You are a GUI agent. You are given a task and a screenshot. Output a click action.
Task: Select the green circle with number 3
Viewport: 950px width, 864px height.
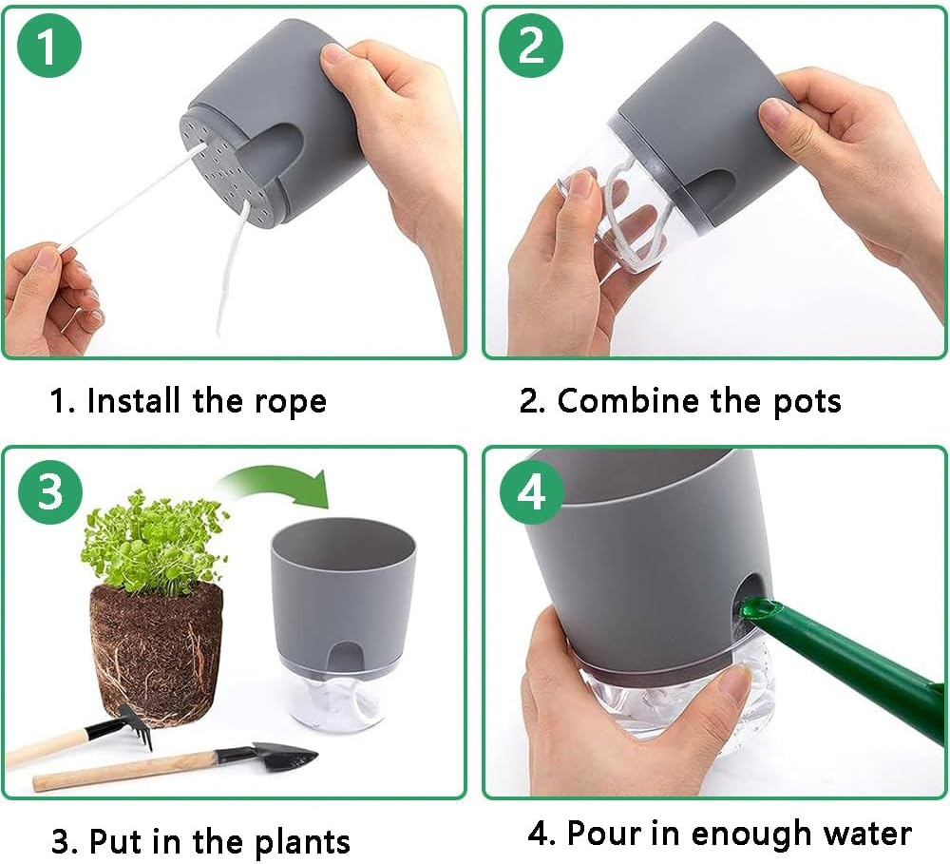coord(49,493)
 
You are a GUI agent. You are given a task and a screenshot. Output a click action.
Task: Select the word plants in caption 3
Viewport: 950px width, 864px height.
coord(301,841)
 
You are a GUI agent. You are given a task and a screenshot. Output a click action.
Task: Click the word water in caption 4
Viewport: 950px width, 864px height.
coord(861,834)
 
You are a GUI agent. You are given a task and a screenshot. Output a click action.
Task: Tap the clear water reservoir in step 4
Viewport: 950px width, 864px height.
coord(665,703)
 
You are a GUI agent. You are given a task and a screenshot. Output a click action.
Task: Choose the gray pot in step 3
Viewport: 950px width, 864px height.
coord(343,589)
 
